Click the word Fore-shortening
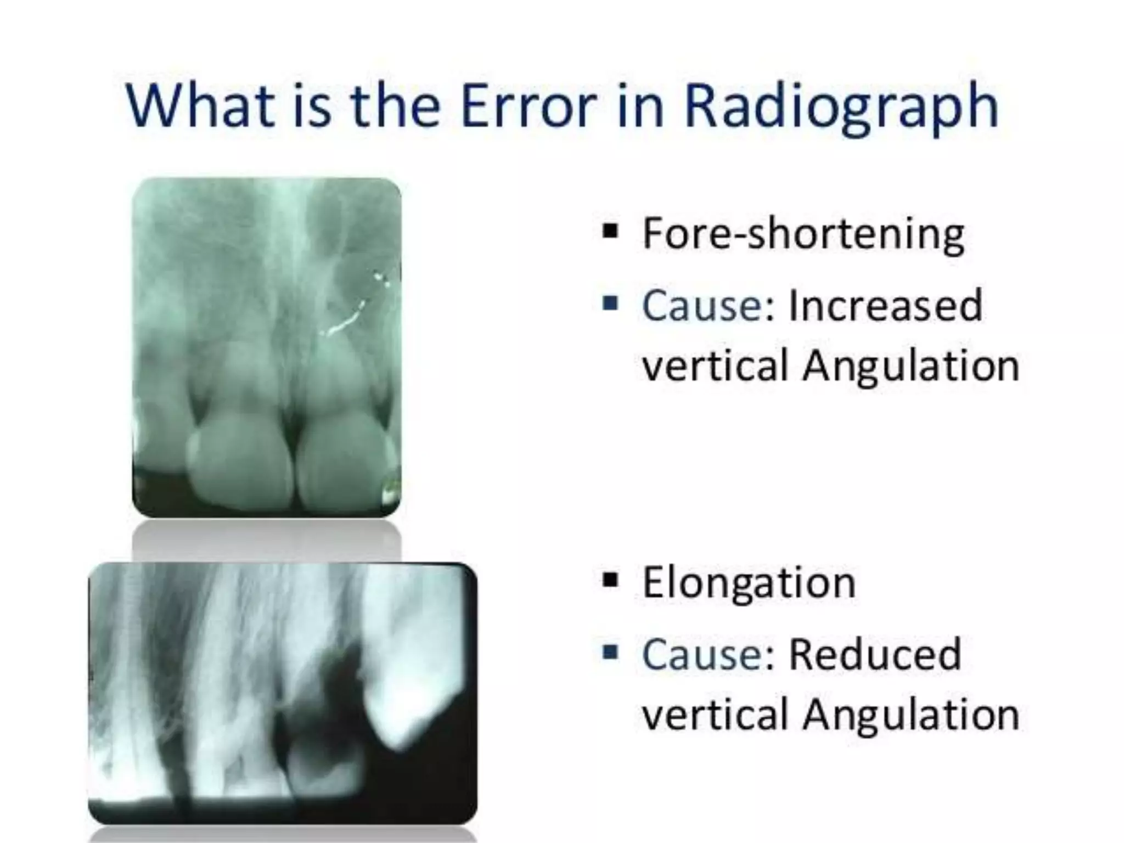(x=803, y=234)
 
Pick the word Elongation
(x=749, y=582)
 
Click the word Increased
(x=885, y=305)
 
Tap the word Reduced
(x=875, y=654)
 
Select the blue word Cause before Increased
(x=701, y=305)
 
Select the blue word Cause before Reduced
(x=701, y=654)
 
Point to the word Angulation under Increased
(x=910, y=366)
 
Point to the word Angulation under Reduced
(x=910, y=714)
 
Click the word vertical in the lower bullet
(x=715, y=714)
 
